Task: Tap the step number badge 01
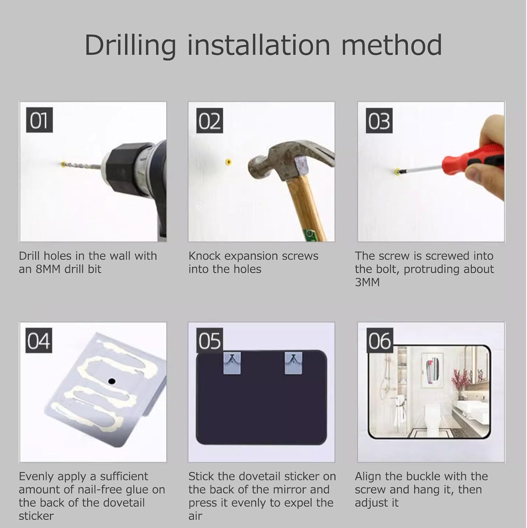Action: tap(39, 120)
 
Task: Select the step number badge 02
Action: tap(210, 121)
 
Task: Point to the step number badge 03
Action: tap(379, 121)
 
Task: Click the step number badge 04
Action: tap(39, 341)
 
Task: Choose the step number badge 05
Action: tap(210, 341)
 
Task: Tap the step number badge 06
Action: tap(379, 341)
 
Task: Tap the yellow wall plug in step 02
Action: tap(229, 162)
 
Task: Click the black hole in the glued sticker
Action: tap(112, 381)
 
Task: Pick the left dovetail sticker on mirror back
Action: tap(232, 363)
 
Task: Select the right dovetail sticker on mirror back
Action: tap(294, 363)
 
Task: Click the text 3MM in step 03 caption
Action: tap(367, 282)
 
